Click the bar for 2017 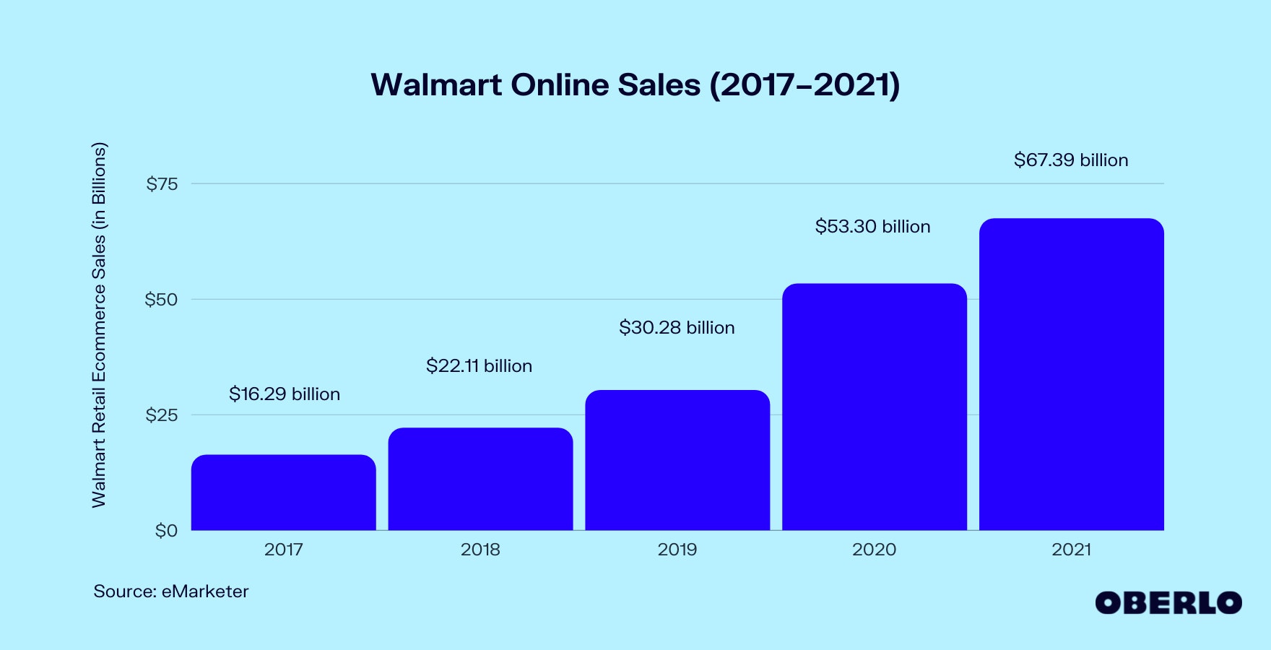tap(283, 493)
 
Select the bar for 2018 tap(480, 479)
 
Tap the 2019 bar tap(677, 460)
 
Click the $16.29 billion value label tap(285, 394)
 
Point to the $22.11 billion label tap(479, 366)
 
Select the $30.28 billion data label tap(677, 328)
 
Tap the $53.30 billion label tap(872, 227)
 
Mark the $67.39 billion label tap(1071, 160)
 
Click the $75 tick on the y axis tap(162, 184)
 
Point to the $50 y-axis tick tap(161, 300)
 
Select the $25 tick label tap(162, 415)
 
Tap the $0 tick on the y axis tap(166, 531)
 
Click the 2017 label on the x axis tap(283, 550)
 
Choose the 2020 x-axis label tap(874, 550)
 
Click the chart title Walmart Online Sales tap(635, 85)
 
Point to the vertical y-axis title tap(99, 325)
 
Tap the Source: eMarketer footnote tap(171, 591)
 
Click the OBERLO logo tap(1168, 602)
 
